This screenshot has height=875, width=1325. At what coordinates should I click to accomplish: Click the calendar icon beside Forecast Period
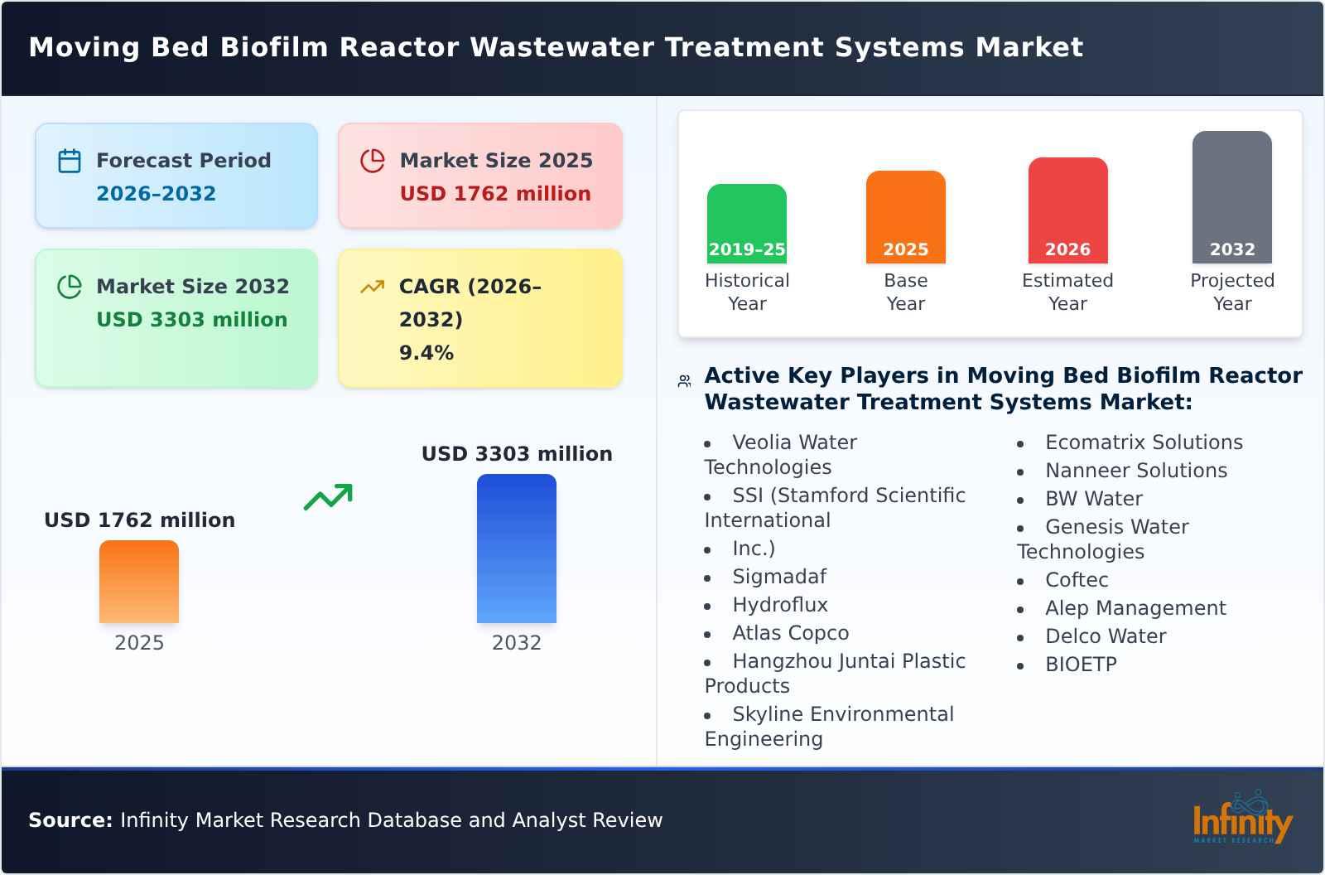click(x=70, y=161)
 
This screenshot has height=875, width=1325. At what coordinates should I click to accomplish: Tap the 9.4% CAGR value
click(x=426, y=353)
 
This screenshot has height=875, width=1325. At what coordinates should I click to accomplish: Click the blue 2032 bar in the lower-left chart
click(x=516, y=548)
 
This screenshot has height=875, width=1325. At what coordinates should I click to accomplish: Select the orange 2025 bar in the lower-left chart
click(x=139, y=581)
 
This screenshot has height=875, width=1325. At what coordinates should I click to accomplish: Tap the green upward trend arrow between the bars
click(x=328, y=497)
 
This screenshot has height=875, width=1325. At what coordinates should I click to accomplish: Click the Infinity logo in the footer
click(x=1241, y=819)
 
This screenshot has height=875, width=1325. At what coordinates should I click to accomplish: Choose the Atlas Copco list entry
click(x=790, y=633)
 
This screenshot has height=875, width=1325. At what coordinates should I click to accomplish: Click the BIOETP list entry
click(x=1081, y=665)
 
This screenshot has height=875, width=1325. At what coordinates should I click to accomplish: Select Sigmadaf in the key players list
click(x=778, y=577)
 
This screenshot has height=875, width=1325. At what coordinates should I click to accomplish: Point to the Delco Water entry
click(x=1105, y=636)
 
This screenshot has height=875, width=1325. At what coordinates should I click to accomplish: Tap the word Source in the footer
click(x=70, y=820)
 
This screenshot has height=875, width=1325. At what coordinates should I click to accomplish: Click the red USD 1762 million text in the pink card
click(x=495, y=194)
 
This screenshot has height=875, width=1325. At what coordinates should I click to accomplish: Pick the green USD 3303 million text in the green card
click(x=191, y=320)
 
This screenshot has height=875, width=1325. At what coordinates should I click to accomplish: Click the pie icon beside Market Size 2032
click(x=70, y=287)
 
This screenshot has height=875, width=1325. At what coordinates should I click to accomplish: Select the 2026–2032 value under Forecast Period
click(x=156, y=194)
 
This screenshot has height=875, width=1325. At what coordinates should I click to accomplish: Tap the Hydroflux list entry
click(x=779, y=605)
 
